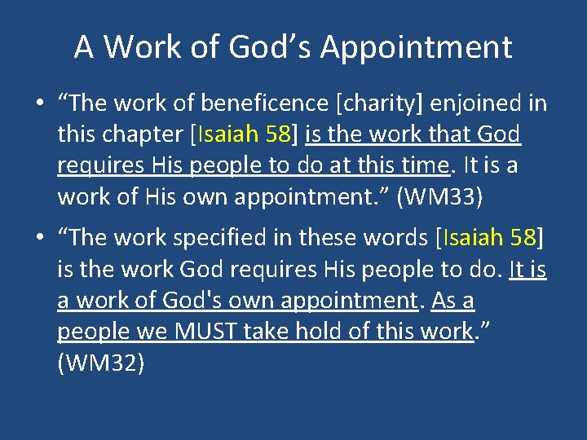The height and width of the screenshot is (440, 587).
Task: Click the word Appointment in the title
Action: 416,47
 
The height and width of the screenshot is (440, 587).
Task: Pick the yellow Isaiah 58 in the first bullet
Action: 242,134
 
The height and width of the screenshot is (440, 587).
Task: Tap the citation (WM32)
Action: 101,363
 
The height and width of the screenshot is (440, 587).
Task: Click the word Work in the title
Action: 135,47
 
